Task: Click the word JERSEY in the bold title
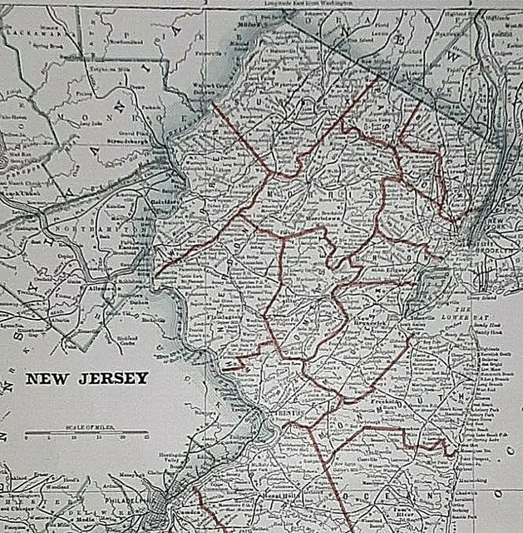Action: click(113, 379)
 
